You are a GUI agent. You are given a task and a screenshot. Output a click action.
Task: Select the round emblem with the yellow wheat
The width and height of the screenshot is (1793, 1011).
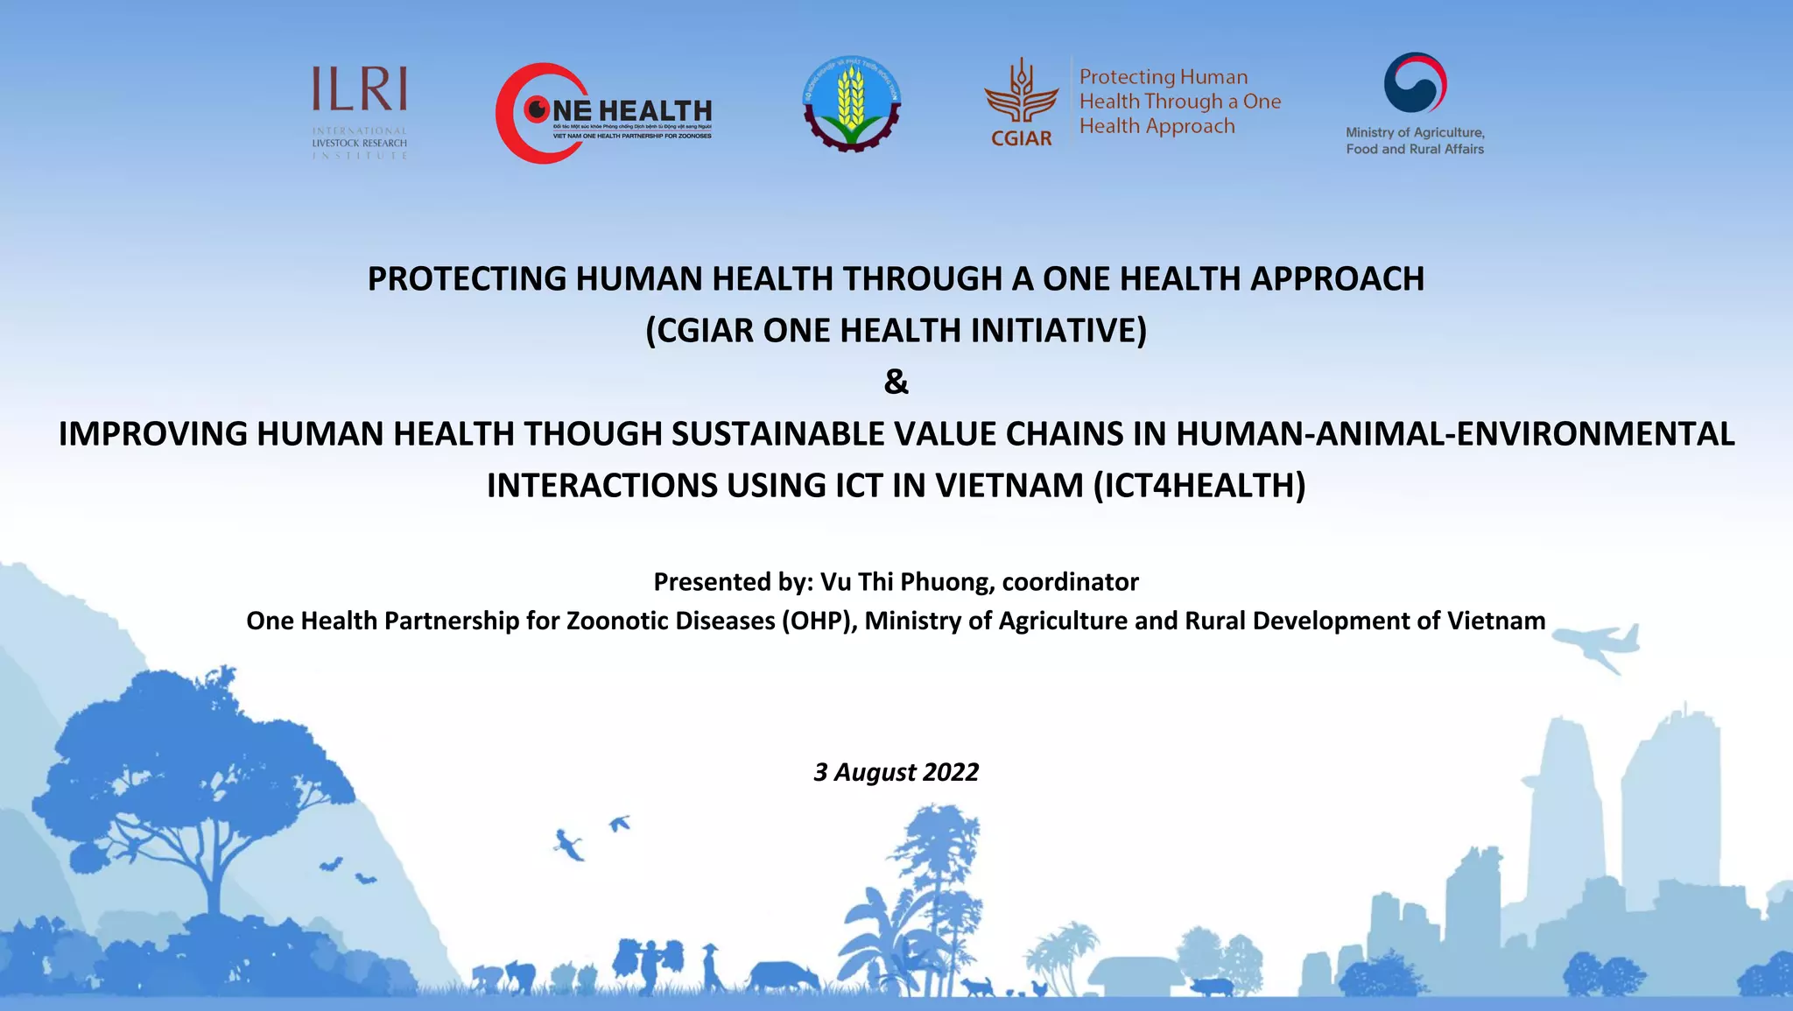[x=851, y=104]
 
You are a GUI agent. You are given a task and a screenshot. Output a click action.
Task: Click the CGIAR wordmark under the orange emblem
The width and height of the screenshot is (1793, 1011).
[x=1021, y=138]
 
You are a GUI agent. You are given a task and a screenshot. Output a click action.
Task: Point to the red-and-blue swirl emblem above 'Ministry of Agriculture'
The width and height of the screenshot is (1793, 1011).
[x=1414, y=83]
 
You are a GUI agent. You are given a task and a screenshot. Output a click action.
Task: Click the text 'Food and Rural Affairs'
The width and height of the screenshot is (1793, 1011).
[x=1415, y=150]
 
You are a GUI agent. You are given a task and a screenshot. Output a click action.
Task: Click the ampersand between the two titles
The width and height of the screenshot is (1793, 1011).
[x=896, y=383]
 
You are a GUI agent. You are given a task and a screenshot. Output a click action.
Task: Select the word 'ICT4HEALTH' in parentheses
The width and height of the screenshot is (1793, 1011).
[x=1199, y=486]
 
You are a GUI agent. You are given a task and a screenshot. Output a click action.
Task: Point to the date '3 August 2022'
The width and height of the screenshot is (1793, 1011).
[x=896, y=772]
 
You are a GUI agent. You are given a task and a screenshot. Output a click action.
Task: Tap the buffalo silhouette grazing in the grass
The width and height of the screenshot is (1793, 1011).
[x=783, y=975]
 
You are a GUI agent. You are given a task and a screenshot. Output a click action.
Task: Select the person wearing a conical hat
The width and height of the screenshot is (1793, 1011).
[x=711, y=966]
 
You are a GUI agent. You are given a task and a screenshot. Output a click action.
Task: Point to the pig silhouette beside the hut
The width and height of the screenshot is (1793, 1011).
[x=1210, y=986]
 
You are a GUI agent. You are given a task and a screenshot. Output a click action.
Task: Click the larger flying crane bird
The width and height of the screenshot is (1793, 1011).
[x=570, y=845]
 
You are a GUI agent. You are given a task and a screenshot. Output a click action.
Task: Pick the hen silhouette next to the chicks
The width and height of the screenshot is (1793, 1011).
[x=1038, y=987]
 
